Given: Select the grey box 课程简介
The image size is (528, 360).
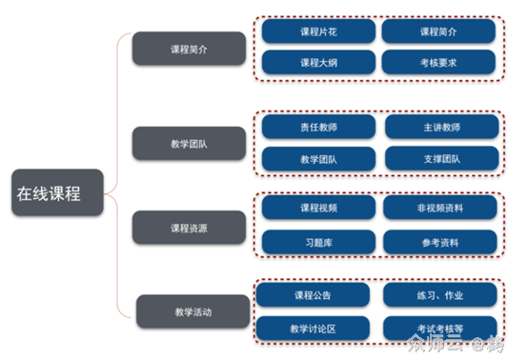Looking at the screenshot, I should tap(187, 49).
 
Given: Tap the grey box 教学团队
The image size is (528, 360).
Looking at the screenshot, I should tap(187, 143).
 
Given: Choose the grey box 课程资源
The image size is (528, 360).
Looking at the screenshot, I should tap(187, 228).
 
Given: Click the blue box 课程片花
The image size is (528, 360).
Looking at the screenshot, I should tap(318, 31).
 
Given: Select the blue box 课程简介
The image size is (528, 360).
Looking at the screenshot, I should tap(438, 31).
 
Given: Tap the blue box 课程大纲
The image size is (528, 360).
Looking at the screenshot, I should tap(318, 63).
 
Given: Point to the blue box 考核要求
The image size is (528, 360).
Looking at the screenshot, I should tap(438, 63).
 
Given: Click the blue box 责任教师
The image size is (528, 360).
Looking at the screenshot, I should tap(318, 127).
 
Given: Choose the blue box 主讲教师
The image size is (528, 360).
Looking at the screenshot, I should tap(441, 127).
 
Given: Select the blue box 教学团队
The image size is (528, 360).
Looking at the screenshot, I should tap(318, 158).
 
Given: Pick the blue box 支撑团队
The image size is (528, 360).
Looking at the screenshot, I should tap(441, 158).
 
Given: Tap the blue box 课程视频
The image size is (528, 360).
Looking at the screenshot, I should tap(318, 209).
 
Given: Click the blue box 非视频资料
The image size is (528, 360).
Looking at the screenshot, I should tap(441, 209).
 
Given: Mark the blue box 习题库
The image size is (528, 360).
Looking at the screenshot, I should tap(318, 242).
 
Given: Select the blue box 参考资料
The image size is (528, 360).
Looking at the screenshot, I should tap(441, 242).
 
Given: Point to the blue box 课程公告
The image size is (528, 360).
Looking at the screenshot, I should tap(314, 293).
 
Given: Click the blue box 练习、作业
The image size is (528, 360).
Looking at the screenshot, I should tap(439, 293).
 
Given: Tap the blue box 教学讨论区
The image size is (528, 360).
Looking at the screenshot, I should tap(314, 329).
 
